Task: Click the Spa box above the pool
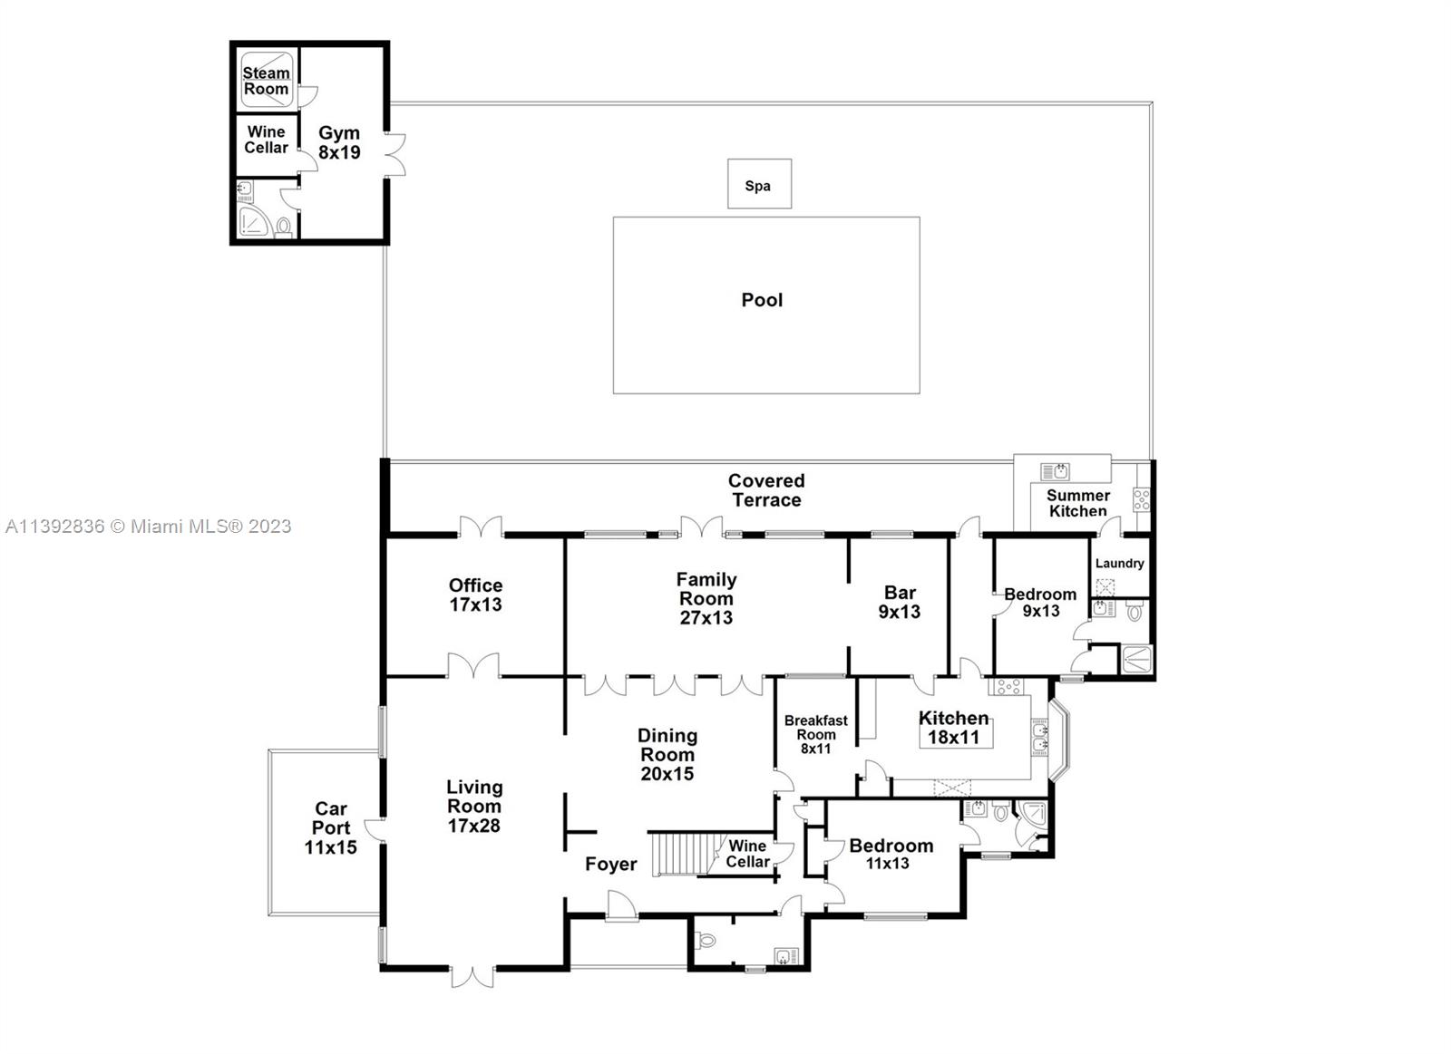pos(758,185)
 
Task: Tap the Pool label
pos(762,300)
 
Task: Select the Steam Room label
pos(266,81)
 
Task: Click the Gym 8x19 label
pos(339,143)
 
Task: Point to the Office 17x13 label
pos(475,595)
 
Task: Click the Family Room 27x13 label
pos(706,598)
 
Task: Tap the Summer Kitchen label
pos(1077,503)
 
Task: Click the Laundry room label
pos(1119,563)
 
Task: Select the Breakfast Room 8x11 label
pos(815,734)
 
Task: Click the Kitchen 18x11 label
pos(953,727)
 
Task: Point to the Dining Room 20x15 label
pos(667,754)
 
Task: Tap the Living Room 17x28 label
pos(473,806)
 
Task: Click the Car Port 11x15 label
pos(330,827)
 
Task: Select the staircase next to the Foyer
pos(674,854)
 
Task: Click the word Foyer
pos(610,864)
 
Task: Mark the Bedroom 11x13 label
pos(890,853)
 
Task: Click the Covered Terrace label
pos(766,490)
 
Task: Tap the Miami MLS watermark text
pos(149,526)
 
